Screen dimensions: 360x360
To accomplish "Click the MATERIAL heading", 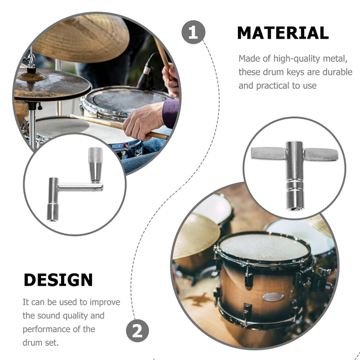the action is pyautogui.click(x=283, y=33).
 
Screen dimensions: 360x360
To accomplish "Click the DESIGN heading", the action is pyautogui.click(x=58, y=280).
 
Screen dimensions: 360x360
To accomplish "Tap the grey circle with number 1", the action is pyautogui.click(x=193, y=32).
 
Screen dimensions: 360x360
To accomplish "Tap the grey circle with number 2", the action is pyautogui.click(x=137, y=331).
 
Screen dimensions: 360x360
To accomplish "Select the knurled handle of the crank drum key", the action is pyautogui.click(x=96, y=155).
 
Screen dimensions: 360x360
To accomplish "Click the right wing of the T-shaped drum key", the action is pyautogui.click(x=321, y=154).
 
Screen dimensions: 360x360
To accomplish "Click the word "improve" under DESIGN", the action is pyautogui.click(x=105, y=303).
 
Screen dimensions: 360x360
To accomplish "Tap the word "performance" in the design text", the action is pyautogui.click(x=47, y=329).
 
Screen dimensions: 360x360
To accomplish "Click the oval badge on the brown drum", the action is pyautogui.click(x=273, y=297).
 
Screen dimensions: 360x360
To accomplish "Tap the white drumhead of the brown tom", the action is pyautogui.click(x=264, y=247).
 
